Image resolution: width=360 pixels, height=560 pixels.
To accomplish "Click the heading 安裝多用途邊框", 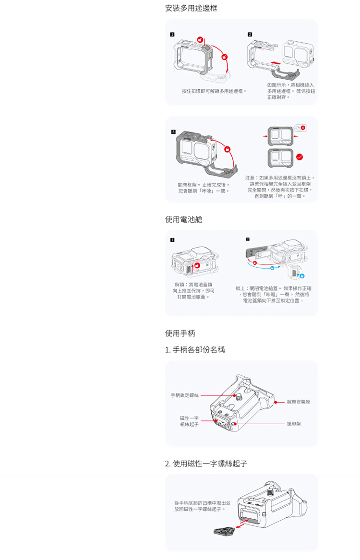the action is pyautogui.click(x=191, y=8).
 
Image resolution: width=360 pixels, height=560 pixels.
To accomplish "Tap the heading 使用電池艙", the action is pyautogui.click(x=184, y=219).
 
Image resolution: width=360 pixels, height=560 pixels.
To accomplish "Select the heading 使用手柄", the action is pyautogui.click(x=180, y=333).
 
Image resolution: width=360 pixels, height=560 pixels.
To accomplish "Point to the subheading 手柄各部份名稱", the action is pyautogui.click(x=195, y=350).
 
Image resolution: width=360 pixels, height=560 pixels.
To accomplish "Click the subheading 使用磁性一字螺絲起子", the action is pyautogui.click(x=206, y=464).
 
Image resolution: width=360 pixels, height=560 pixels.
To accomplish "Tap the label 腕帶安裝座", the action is pyautogui.click(x=298, y=402).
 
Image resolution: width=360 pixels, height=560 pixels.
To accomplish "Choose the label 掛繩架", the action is pyautogui.click(x=293, y=424).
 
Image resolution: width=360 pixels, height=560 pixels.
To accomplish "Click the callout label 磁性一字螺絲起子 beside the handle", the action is pyautogui.click(x=189, y=421).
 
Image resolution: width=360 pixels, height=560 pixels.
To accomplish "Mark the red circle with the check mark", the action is pyautogui.click(x=300, y=156).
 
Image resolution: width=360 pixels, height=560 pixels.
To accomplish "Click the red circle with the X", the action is pyautogui.click(x=303, y=128).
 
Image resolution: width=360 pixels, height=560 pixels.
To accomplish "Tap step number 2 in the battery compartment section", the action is pyautogui.click(x=248, y=239).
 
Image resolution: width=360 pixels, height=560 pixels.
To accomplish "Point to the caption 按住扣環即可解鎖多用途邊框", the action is pyautogui.click(x=215, y=91).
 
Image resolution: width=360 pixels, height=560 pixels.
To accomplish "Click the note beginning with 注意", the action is pyautogui.click(x=280, y=187).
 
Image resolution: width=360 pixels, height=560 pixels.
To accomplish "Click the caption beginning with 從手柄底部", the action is pyautogui.click(x=202, y=506).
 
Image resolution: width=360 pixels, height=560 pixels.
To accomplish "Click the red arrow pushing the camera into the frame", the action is pyautogui.click(x=274, y=62).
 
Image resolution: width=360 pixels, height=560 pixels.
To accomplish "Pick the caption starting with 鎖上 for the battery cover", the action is pyautogui.click(x=273, y=294).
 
